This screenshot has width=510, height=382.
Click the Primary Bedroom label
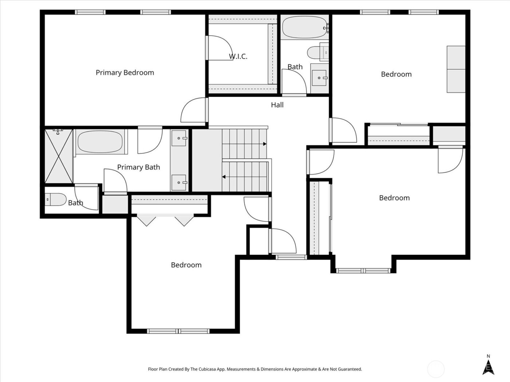125,73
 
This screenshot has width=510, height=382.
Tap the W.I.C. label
238,56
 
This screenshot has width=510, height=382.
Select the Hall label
277,105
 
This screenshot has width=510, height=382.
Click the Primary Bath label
138,167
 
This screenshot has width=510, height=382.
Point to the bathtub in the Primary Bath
100,142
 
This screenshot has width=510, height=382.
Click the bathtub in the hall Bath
304,27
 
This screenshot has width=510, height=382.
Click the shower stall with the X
58,156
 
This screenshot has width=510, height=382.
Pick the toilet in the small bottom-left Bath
55,200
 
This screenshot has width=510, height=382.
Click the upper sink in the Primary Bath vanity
179,138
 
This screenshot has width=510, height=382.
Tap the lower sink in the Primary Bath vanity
179,181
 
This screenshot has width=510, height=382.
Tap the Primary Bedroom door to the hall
194,110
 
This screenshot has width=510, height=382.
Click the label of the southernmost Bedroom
186,265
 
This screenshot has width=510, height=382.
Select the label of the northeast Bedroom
396,74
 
